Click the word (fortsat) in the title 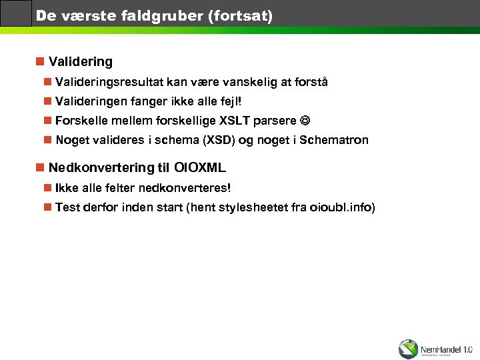click(240, 15)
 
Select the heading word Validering click(81, 62)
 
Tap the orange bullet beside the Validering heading click(40, 62)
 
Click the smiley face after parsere click(305, 121)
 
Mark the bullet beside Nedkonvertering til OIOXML click(40, 167)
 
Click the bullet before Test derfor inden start click(47, 208)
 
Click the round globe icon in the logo click(408, 349)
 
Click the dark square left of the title click(16, 13)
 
